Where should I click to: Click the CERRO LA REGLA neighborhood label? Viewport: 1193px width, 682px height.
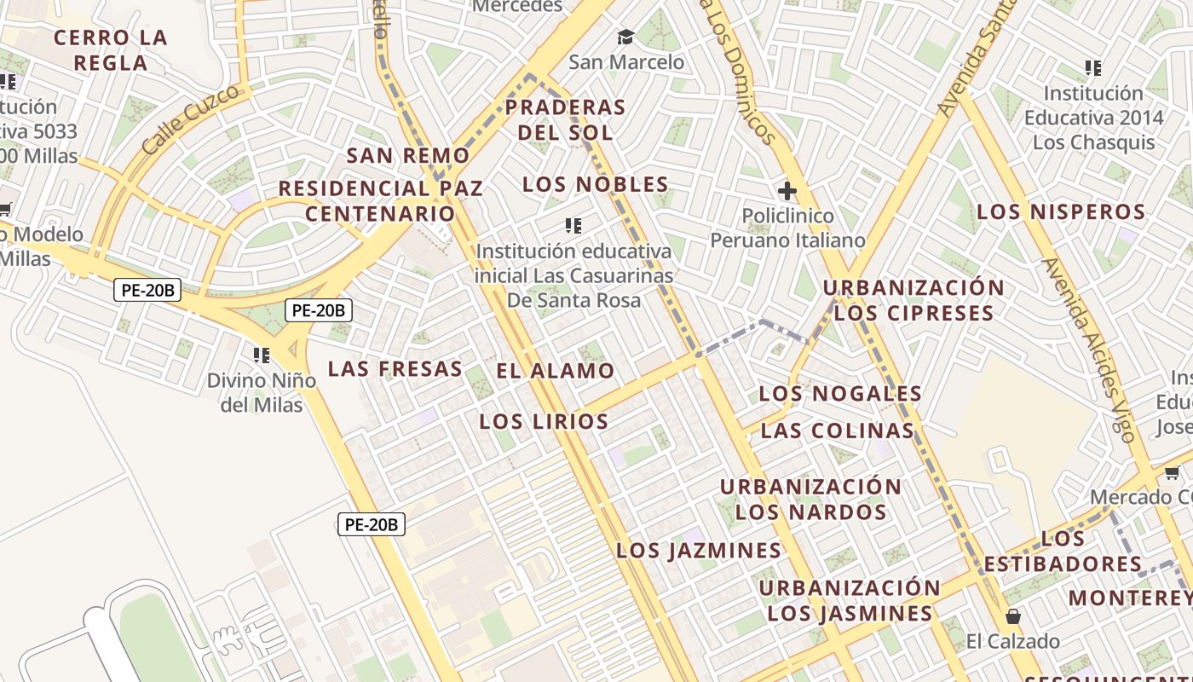[x=110, y=50]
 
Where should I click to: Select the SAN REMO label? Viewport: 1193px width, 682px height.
[x=408, y=156]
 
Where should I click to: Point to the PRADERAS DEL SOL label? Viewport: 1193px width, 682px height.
[x=566, y=120]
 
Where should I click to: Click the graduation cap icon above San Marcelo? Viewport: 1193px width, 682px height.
[x=626, y=37]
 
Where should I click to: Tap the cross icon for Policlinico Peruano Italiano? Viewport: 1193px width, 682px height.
[x=787, y=191]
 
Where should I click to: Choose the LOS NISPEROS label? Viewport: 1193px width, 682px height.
[x=1061, y=212]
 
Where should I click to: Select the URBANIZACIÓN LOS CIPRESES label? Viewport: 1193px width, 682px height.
[x=913, y=300]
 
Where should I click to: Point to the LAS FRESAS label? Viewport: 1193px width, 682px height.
[x=395, y=369]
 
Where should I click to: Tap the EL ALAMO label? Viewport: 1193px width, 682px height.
[x=556, y=371]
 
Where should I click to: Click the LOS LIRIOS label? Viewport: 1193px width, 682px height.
[x=544, y=421]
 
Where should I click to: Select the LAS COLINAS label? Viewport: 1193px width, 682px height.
[x=838, y=431]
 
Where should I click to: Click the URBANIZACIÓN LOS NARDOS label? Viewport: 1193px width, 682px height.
[x=810, y=500]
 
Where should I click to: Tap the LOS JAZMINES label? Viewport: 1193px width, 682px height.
[x=699, y=551]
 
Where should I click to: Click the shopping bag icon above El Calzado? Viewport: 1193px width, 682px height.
[x=1013, y=616]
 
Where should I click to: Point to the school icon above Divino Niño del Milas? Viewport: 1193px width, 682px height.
[x=262, y=355]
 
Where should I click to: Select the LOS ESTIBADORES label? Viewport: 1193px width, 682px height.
[x=1063, y=552]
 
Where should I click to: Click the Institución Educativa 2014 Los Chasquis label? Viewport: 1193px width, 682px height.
[x=1093, y=118]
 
